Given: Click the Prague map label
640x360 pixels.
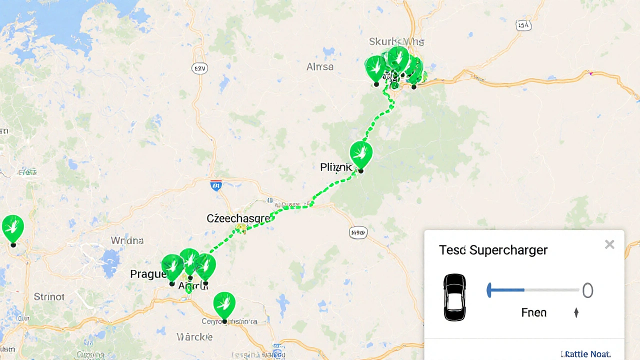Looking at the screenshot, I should coord(148,274).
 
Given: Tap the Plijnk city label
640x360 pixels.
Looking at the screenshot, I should coord(336,167).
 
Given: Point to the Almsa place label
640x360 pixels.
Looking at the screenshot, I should coord(320,67).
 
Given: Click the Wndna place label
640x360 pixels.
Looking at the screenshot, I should coord(127,240).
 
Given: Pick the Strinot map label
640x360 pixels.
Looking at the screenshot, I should coord(49,297).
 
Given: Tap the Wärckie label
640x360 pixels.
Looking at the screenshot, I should coord(195,336).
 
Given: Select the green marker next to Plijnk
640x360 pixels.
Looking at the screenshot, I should coord(361,154).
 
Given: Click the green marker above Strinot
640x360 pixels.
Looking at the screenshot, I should coord(13,228).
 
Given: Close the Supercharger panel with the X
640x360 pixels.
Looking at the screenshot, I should coord(609,244).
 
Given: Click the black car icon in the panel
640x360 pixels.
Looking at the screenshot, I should coord(454,296).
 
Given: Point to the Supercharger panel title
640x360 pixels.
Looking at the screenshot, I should coord(493,250).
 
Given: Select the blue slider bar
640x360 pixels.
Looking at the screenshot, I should coord(506,290).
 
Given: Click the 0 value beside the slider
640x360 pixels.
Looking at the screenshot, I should coord(587,290).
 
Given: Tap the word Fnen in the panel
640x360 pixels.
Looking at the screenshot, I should coord(534,313).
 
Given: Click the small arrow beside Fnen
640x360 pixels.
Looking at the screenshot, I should coord(576,313).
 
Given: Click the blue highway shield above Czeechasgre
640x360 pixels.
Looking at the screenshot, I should coord(216,186).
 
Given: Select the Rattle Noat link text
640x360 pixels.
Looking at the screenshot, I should coord(586,354).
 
